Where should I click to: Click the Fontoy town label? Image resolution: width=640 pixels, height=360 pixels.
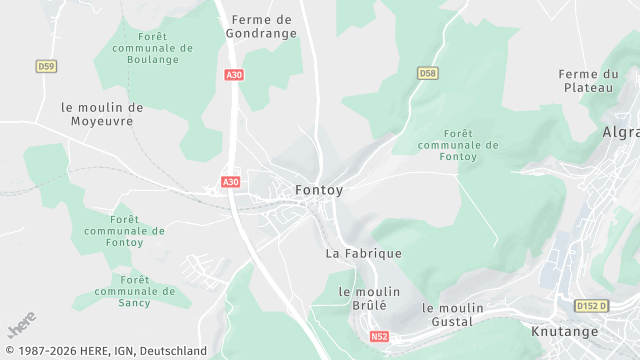tap(321, 189)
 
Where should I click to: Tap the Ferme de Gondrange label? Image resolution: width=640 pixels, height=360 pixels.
tap(261, 26)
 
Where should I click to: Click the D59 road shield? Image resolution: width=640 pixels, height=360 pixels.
tap(46, 66)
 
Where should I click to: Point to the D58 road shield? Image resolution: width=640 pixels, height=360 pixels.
tap(427, 73)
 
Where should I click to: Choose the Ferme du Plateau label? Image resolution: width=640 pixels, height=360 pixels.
tap(589, 81)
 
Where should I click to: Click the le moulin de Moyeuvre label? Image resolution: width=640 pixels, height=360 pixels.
tap(102, 114)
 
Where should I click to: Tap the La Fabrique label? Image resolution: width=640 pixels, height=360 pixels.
tap(364, 254)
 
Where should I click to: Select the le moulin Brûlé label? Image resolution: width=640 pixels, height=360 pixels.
tap(362, 298)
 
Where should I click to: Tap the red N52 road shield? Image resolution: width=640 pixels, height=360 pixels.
tap(379, 337)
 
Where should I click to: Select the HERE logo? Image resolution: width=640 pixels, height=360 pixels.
tap(22, 325)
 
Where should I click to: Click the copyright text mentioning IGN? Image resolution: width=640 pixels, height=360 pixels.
tap(105, 351)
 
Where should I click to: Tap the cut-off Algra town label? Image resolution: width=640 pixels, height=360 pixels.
tap(620, 132)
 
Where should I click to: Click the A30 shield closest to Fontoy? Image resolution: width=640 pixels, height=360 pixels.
tap(230, 182)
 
